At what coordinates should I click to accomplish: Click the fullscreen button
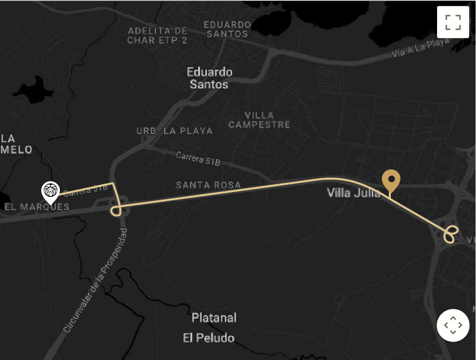(453, 22)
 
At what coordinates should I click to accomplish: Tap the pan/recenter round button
(453, 325)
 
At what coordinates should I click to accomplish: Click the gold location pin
(390, 181)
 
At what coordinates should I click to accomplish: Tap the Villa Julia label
(353, 193)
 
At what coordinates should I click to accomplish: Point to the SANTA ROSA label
(208, 185)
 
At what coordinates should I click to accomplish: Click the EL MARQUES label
(37, 207)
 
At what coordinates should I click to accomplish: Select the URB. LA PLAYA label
(175, 131)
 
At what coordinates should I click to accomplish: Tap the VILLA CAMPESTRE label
(259, 120)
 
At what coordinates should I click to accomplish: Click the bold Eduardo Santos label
(210, 78)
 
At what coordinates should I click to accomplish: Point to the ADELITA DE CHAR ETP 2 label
(157, 36)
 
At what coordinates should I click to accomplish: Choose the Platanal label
(214, 318)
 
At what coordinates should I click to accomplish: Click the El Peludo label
(209, 338)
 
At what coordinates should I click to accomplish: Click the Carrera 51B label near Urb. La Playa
(198, 158)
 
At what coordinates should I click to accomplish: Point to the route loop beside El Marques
(116, 210)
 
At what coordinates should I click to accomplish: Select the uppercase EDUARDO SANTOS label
(227, 29)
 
